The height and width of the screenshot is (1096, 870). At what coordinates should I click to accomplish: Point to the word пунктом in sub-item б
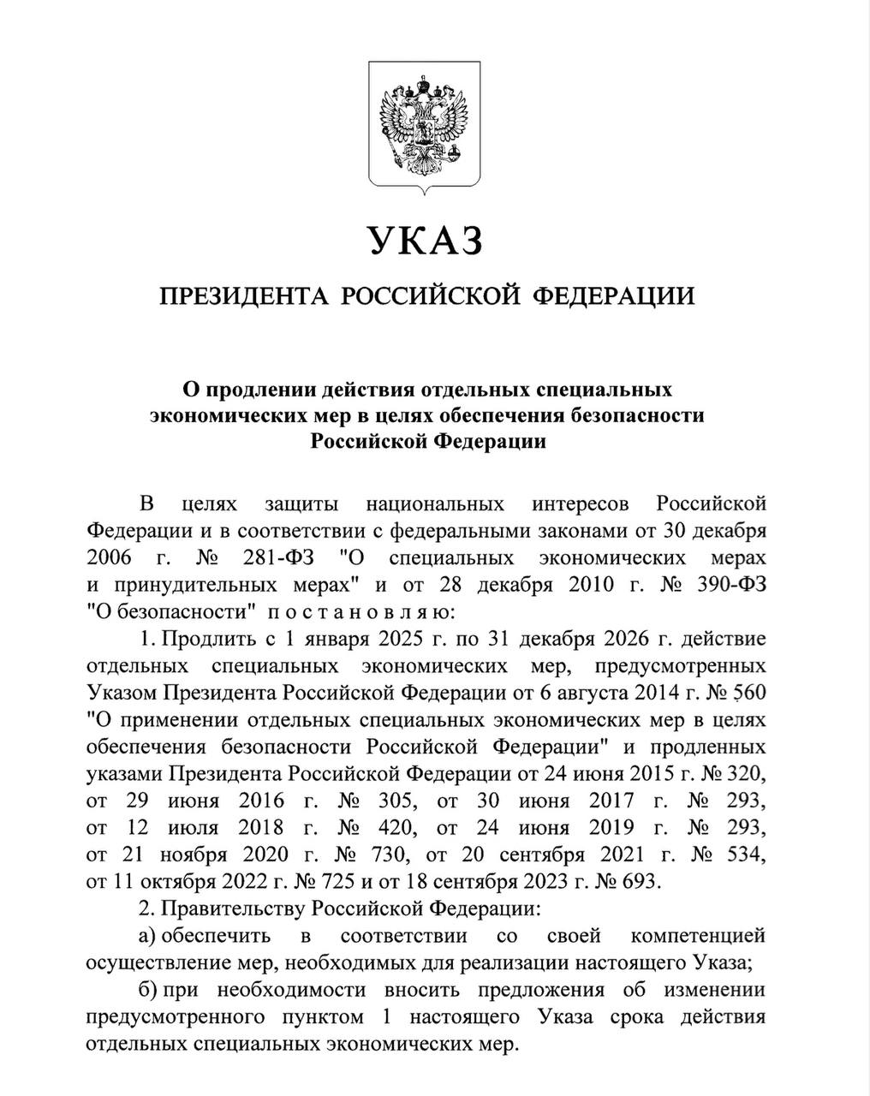point(330,1016)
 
